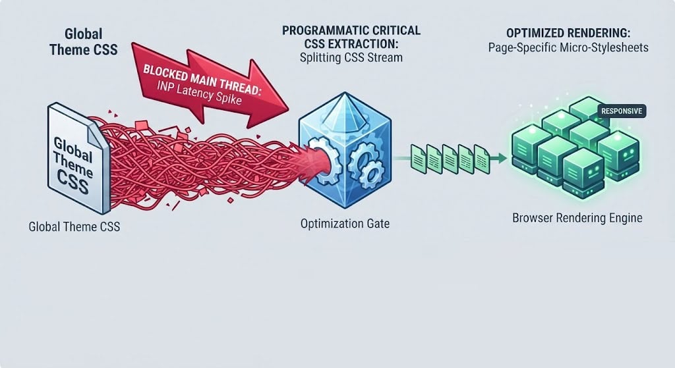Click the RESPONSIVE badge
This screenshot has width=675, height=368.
(x=622, y=111)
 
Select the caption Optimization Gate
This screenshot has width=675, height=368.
(x=345, y=224)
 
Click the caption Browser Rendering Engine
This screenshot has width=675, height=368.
(x=577, y=218)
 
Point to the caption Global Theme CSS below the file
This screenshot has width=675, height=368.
(x=74, y=226)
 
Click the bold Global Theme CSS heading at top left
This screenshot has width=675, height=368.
(x=84, y=41)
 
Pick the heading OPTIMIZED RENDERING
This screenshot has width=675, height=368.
(x=568, y=33)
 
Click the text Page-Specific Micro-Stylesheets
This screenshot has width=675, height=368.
(x=568, y=47)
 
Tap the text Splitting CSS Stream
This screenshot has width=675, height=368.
(x=351, y=58)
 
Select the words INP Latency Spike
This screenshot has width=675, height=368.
(x=199, y=93)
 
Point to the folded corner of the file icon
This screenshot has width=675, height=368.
(x=98, y=135)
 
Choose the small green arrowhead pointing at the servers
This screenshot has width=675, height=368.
(x=500, y=158)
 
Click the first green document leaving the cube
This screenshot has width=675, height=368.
(x=418, y=158)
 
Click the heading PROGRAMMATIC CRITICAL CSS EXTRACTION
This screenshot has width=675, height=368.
(x=351, y=37)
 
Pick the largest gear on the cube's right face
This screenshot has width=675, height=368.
(x=363, y=157)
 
